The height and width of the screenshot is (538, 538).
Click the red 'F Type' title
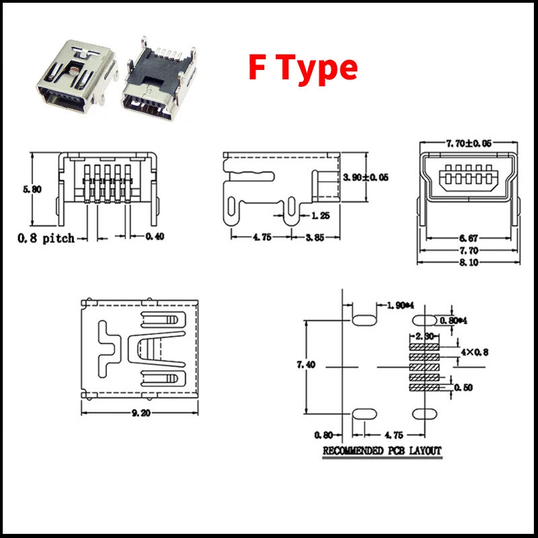coord(303,68)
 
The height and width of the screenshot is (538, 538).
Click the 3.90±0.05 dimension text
coord(366,178)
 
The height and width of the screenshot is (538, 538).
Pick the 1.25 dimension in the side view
coord(320,216)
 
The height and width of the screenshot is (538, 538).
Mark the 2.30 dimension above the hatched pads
coord(424,335)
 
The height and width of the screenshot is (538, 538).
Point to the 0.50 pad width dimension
coord(463,388)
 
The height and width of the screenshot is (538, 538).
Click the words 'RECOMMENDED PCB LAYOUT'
coord(383,450)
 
